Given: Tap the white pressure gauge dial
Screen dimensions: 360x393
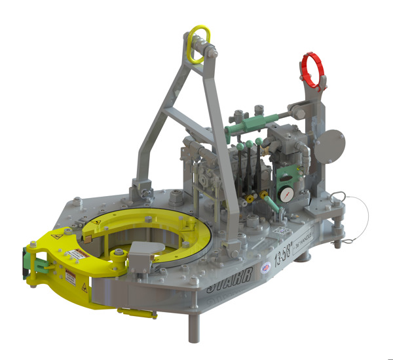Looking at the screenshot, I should coord(286,196).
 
